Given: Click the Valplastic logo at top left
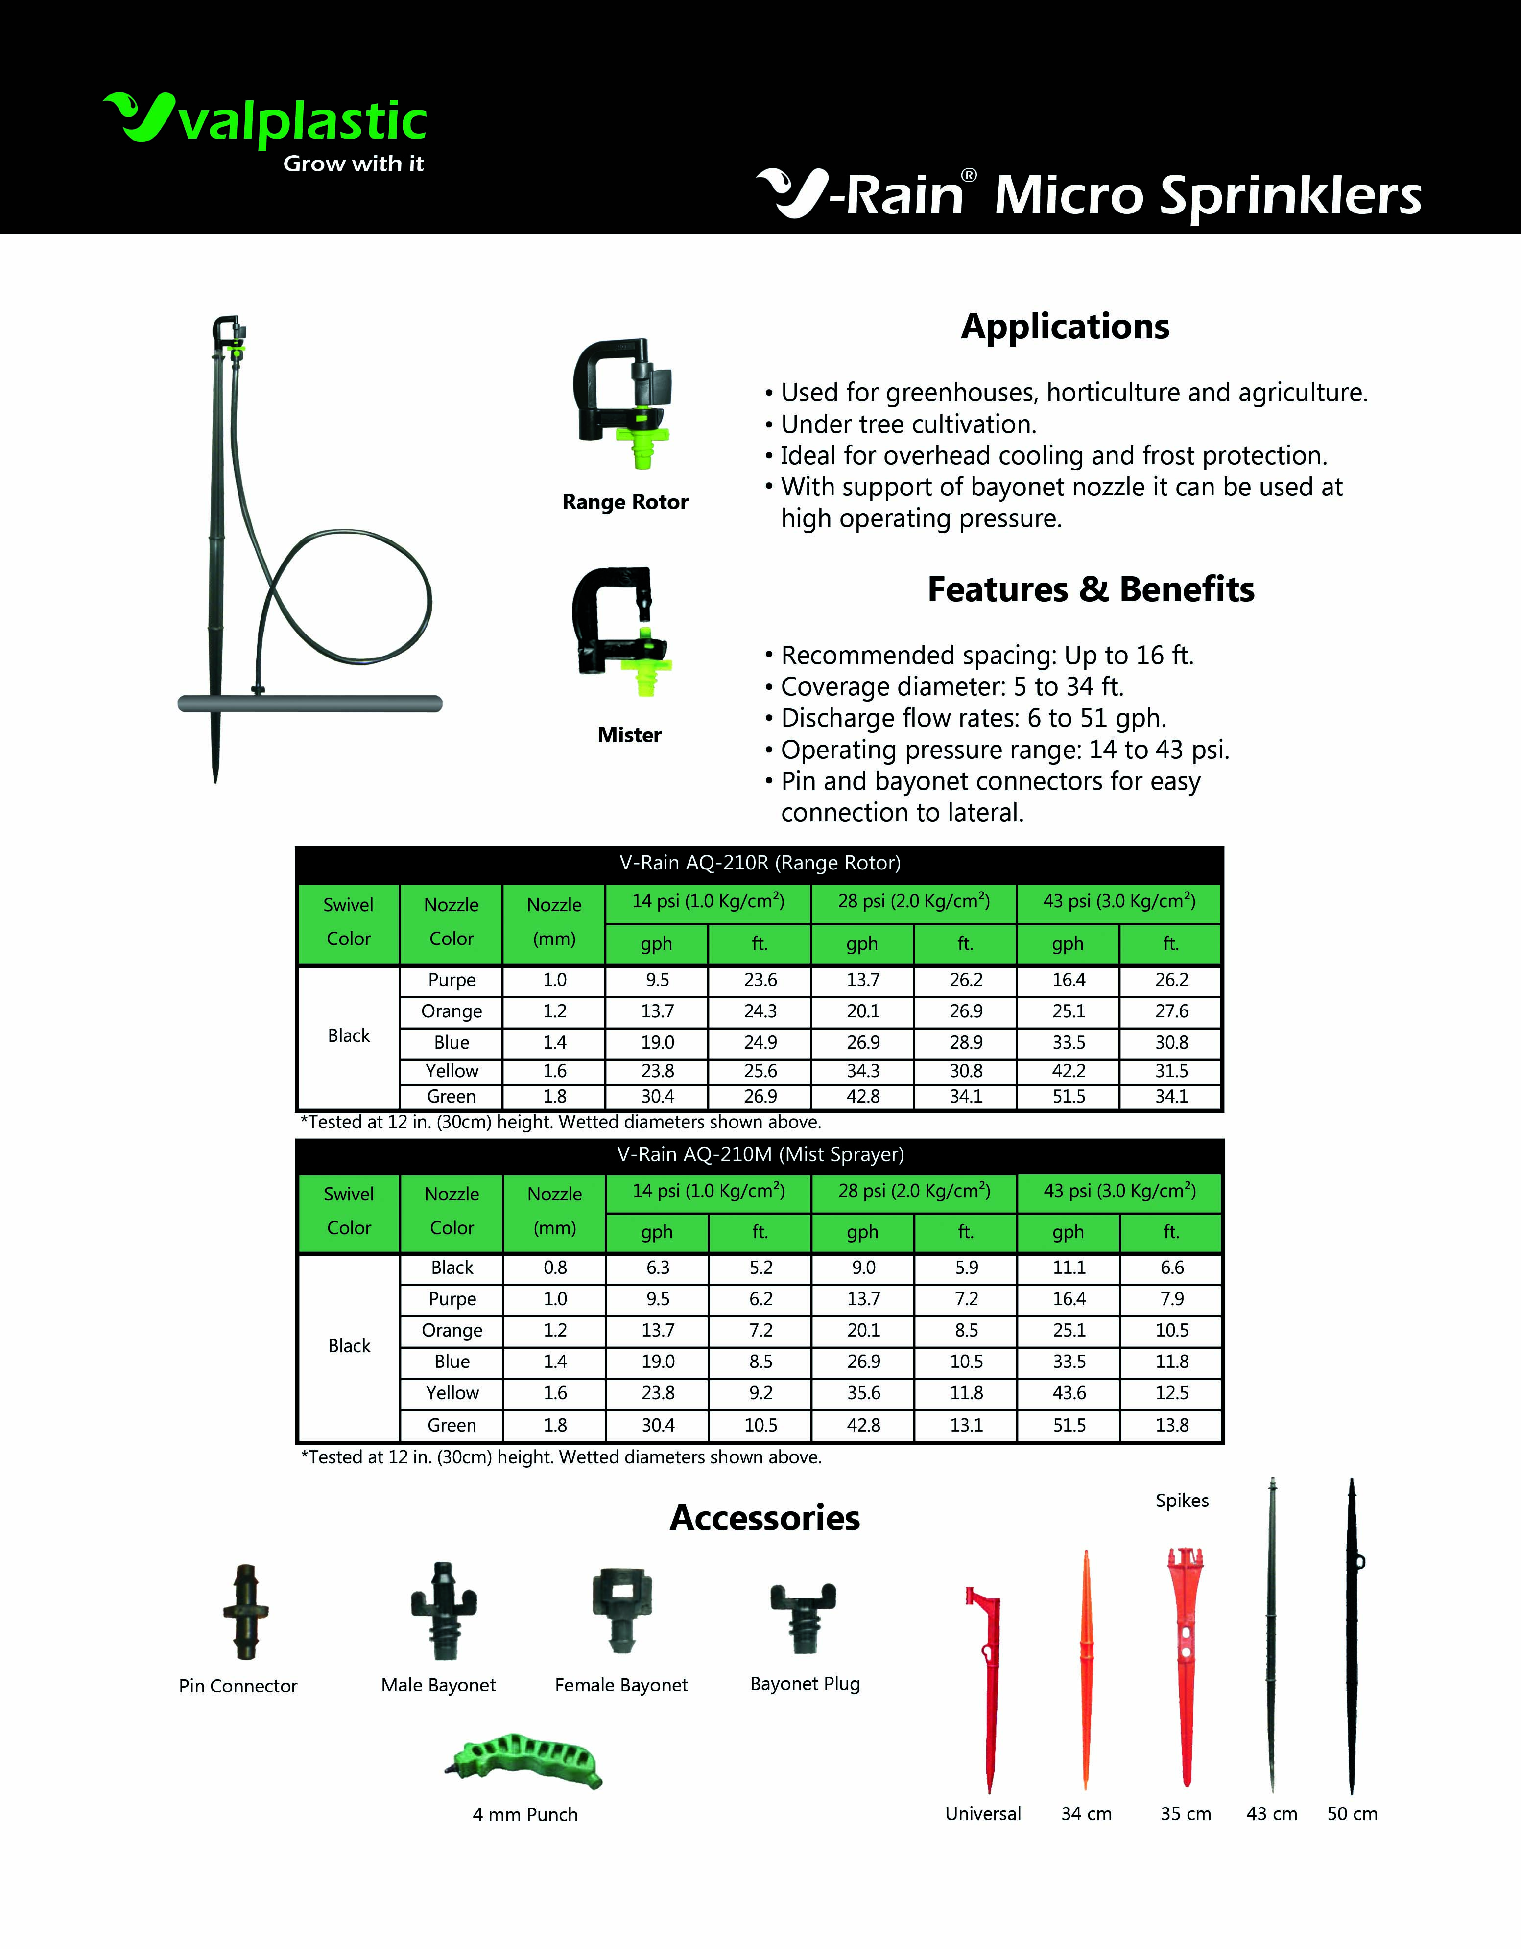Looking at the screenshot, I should pyautogui.click(x=265, y=129).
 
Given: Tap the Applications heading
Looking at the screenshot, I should pyautogui.click(x=1065, y=327).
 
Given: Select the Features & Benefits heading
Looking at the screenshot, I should pyautogui.click(x=1091, y=590).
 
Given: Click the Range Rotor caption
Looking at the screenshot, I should pyautogui.click(x=625, y=502).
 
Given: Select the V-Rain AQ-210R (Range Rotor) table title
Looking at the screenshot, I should pyautogui.click(x=760, y=863).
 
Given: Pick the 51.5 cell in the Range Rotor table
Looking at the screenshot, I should pyautogui.click(x=1069, y=1097).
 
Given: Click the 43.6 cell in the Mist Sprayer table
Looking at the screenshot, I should pyautogui.click(x=1069, y=1393).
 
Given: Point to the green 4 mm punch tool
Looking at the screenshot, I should pyautogui.click(x=525, y=1761).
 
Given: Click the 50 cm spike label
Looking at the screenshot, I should pyautogui.click(x=1352, y=1814).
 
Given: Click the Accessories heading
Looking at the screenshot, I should pyautogui.click(x=765, y=1518).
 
